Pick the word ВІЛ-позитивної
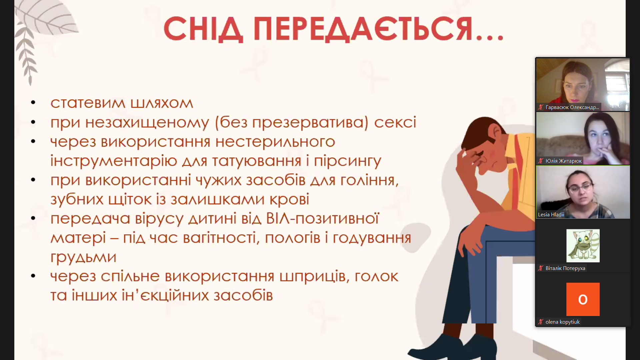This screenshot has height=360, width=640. coord(322,219)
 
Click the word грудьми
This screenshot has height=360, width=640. coord(83,257)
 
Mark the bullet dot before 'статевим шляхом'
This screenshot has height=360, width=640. coord(33,103)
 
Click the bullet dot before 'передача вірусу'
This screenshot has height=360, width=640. coord(33,218)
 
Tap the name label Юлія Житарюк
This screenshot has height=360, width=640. coord(563,161)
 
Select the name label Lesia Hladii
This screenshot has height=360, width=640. coord(551,214)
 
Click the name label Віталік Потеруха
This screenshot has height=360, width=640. coord(565,268)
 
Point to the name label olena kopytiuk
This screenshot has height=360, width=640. coord(562,322)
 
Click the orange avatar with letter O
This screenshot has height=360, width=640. coord(583,299)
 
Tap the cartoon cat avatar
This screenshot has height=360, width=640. coord(583,245)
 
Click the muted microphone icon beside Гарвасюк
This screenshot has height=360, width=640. coord(541,107)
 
